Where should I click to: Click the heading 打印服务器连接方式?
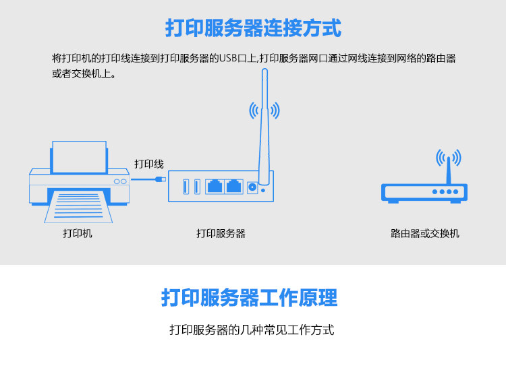[x=253, y=28]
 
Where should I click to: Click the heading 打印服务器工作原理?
[x=250, y=297]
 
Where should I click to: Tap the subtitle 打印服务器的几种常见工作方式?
[x=252, y=330]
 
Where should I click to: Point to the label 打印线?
[x=148, y=164]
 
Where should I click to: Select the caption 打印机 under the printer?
[x=78, y=234]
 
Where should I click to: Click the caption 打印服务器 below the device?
[x=221, y=234]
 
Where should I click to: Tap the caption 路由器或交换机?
[x=425, y=234]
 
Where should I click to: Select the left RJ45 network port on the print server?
[x=215, y=186]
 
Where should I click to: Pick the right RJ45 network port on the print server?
[x=233, y=186]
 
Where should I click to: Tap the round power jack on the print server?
[x=253, y=187]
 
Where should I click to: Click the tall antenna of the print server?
[x=264, y=135]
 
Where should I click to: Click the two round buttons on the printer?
[x=120, y=181]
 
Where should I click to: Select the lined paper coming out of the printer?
[x=78, y=205]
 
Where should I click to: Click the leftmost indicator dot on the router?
[x=435, y=191]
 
